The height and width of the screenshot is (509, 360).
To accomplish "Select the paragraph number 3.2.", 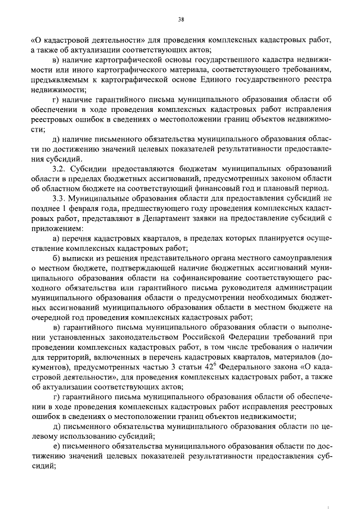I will tap(58, 168).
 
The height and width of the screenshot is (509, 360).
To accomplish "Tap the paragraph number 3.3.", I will tap(58, 199).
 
